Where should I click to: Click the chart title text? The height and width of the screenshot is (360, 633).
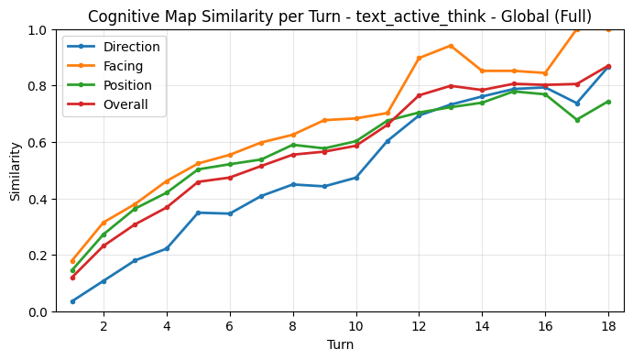340,16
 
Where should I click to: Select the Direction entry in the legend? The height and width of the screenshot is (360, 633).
132,47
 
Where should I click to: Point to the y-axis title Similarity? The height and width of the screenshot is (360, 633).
16,170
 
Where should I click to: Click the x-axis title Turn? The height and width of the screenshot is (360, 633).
340,345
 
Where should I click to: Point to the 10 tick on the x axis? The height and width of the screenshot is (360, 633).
355,325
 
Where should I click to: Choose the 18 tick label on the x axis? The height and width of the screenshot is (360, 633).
608,325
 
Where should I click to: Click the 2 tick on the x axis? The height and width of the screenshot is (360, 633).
104,325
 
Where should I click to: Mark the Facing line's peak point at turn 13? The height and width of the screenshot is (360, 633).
451,46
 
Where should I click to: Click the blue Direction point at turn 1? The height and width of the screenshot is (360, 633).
72,301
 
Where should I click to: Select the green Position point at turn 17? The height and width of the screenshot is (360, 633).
576,120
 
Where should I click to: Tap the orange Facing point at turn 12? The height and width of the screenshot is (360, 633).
419,58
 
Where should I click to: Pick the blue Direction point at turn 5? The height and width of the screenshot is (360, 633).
198,213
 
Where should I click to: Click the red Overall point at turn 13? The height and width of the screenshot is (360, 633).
451,86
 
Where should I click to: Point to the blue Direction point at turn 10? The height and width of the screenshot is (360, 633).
355,178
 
